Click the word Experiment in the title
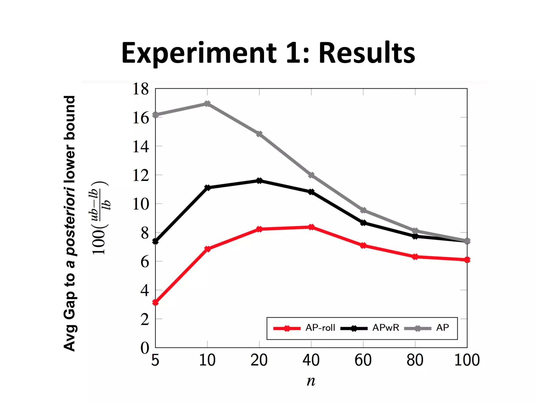pyautogui.click(x=199, y=54)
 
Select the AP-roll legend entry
pyautogui.click(x=320, y=328)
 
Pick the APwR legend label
pyautogui.click(x=386, y=328)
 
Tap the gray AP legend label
pyautogui.click(x=442, y=328)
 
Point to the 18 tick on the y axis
pyautogui.click(x=141, y=89)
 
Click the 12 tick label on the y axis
pyautogui.click(x=141, y=175)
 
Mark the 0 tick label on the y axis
pyautogui.click(x=145, y=348)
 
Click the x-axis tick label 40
pyautogui.click(x=311, y=360)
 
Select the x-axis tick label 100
pyautogui.click(x=467, y=360)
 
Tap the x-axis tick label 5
pyautogui.click(x=155, y=360)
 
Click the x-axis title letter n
pyautogui.click(x=311, y=381)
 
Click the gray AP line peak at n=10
pyautogui.click(x=207, y=104)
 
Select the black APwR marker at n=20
pyautogui.click(x=259, y=181)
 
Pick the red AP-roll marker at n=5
pyautogui.click(x=155, y=302)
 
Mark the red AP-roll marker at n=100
pyautogui.click(x=467, y=260)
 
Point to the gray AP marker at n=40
pyautogui.click(x=311, y=175)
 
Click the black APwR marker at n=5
pyautogui.click(x=155, y=241)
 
